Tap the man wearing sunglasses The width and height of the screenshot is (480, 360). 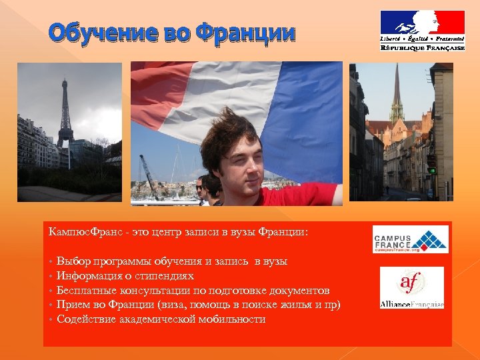click(x=201, y=190)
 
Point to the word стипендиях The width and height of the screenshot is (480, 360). click(x=166, y=276)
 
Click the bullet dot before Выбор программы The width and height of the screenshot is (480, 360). click(x=51, y=262)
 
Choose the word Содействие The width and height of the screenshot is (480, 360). click(x=86, y=319)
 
